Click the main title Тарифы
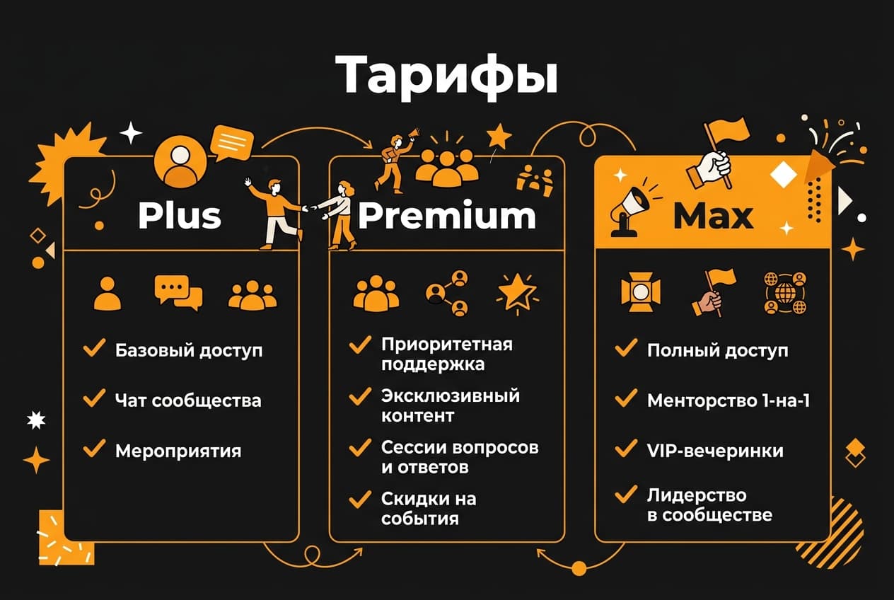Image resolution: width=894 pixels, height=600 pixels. (446, 76)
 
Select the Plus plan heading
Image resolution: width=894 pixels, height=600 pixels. (180, 216)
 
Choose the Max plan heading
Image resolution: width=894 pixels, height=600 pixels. (713, 216)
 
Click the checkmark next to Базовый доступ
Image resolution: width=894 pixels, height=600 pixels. (94, 347)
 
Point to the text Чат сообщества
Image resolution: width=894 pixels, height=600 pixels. (188, 400)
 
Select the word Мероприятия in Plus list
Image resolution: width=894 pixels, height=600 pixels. (178, 451)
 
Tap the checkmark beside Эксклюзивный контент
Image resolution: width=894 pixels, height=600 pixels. (360, 397)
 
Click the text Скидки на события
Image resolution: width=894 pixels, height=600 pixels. (429, 509)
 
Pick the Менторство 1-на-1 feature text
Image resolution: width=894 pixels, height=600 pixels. (728, 400)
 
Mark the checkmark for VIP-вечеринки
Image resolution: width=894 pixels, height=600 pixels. (626, 449)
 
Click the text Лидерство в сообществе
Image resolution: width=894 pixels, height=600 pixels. (709, 505)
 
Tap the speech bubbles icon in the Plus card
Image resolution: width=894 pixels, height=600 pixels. (178, 293)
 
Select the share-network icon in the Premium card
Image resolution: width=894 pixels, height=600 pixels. (447, 293)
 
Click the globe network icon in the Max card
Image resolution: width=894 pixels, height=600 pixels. (785, 294)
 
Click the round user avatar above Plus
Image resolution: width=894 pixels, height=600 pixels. (180, 161)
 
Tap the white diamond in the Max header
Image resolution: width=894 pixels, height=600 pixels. (783, 174)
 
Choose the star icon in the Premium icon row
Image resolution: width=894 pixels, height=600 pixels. (517, 293)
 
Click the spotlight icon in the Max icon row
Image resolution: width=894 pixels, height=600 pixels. (641, 293)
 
